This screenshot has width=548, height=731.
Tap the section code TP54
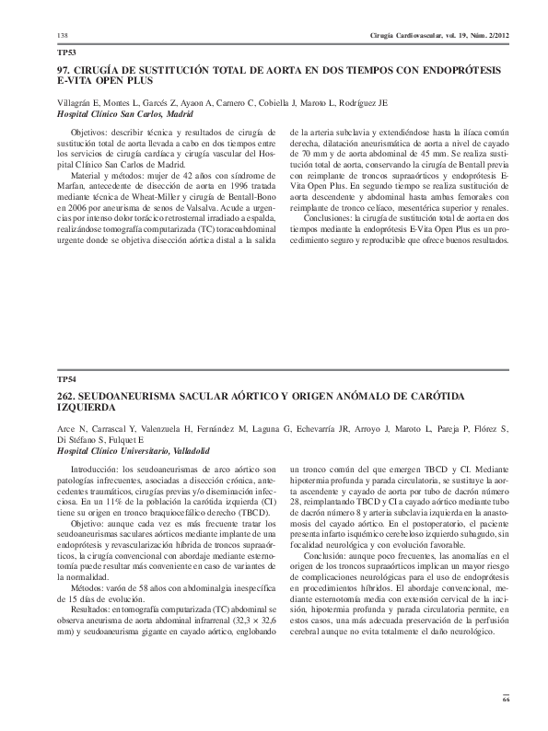click(x=66, y=378)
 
